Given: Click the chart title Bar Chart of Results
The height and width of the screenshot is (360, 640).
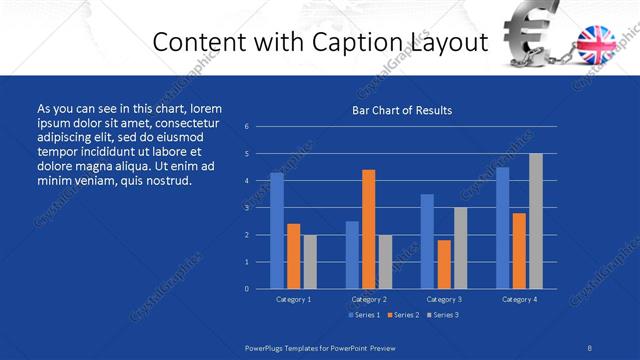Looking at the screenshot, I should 402,110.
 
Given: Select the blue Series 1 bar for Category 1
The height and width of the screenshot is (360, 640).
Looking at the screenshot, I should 276,230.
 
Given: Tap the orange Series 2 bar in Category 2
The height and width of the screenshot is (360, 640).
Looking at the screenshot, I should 368,229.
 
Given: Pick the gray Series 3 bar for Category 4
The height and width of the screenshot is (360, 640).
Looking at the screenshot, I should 536,221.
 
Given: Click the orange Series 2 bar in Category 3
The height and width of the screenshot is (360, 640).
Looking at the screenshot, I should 444,264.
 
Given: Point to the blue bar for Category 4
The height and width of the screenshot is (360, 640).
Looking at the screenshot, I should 502,228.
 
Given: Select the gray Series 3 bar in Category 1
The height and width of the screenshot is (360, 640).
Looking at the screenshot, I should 310,261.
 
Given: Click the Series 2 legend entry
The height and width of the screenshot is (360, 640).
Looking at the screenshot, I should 403,315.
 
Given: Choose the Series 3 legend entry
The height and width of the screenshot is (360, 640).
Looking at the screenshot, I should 443,315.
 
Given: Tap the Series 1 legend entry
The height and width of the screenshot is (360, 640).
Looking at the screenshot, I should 363,315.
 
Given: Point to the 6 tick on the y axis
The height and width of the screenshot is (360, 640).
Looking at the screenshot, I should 246,127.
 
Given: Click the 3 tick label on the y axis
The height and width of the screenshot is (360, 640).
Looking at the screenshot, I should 246,208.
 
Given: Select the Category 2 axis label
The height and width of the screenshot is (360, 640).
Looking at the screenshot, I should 369,299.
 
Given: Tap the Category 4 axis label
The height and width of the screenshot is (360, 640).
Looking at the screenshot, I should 519,299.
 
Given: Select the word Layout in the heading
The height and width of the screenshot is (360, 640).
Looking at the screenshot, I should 453,43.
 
